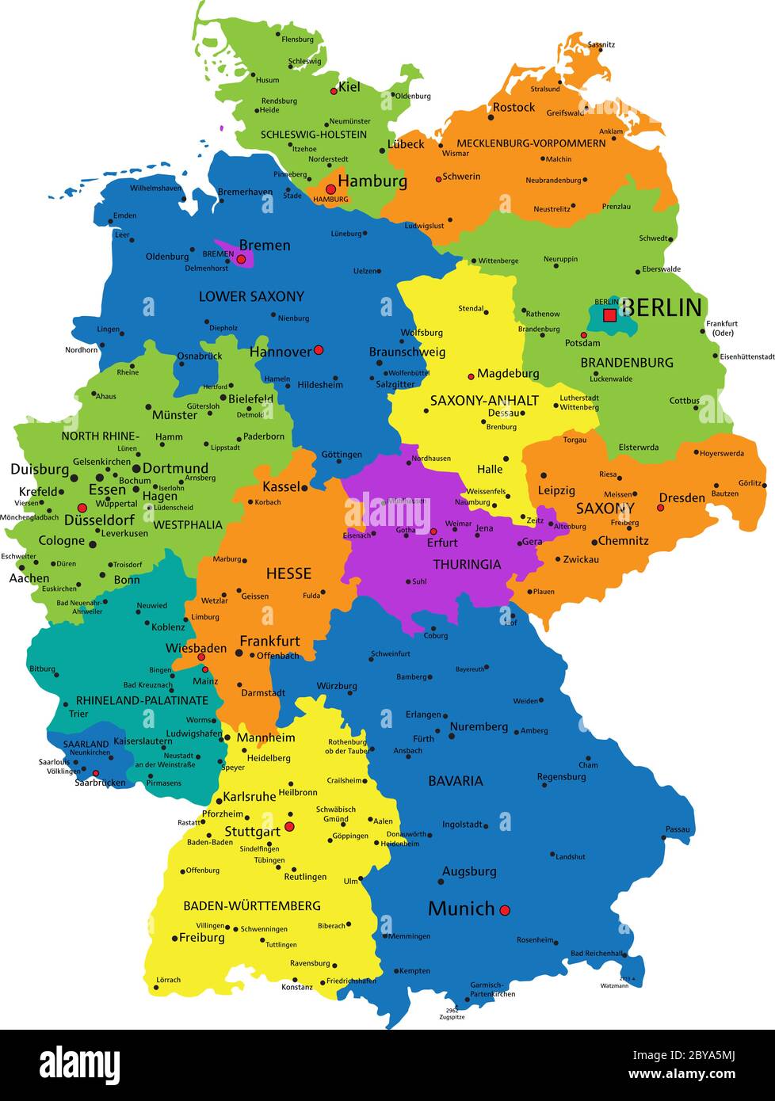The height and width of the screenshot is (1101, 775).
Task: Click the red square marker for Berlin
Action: pyautogui.click(x=609, y=315)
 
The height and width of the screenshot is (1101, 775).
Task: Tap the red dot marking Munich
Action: pyautogui.click(x=505, y=910)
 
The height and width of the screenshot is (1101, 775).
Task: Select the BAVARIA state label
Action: pyautogui.click(x=456, y=781)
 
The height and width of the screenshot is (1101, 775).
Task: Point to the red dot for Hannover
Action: pyautogui.click(x=319, y=349)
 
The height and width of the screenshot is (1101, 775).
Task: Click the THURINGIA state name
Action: pyautogui.click(x=467, y=565)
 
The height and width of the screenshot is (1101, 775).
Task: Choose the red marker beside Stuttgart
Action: pyautogui.click(x=289, y=826)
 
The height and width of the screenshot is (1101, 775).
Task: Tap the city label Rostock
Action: pyautogui.click(x=513, y=107)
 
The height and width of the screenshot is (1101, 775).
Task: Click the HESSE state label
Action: pyautogui.click(x=288, y=573)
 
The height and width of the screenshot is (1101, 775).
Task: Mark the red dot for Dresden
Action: pyautogui.click(x=661, y=508)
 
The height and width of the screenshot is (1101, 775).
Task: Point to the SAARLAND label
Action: pyautogui.click(x=86, y=745)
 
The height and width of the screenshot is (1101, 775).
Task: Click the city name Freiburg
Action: pyautogui.click(x=202, y=938)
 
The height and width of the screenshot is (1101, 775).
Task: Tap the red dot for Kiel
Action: pyautogui.click(x=334, y=90)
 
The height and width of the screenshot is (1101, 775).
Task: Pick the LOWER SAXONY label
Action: pyautogui.click(x=251, y=296)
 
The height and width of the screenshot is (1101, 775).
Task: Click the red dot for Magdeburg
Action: pyautogui.click(x=471, y=377)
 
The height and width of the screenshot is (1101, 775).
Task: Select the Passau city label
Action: pyautogui.click(x=678, y=829)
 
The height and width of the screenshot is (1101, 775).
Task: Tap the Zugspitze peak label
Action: pyautogui.click(x=452, y=1016)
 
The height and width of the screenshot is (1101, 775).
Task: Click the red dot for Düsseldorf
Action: pyautogui.click(x=82, y=508)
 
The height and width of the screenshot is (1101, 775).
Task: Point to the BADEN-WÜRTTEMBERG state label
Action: pyautogui.click(x=252, y=905)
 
